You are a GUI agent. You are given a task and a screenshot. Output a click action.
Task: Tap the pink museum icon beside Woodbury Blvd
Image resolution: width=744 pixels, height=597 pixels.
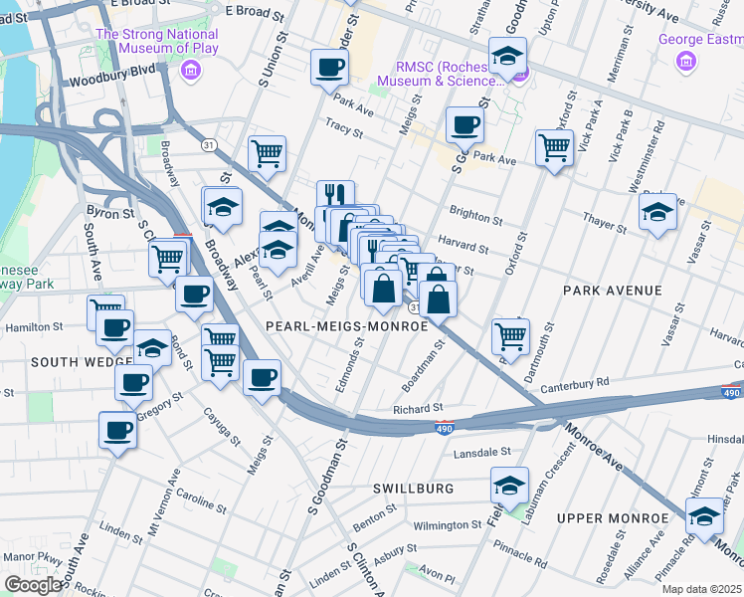(x=191, y=71)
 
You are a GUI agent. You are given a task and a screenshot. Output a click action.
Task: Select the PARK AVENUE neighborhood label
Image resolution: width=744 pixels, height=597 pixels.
(x=612, y=291)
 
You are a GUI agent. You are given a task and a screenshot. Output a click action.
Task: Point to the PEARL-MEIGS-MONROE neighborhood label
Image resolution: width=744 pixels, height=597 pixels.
(x=347, y=325)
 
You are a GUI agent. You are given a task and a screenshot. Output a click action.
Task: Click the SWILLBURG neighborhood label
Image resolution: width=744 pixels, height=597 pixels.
(x=413, y=489)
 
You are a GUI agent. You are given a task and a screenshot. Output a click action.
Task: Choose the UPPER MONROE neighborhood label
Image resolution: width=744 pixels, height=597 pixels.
(x=612, y=518)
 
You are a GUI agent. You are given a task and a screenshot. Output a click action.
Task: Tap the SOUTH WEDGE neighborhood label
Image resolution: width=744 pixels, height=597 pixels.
(x=68, y=362)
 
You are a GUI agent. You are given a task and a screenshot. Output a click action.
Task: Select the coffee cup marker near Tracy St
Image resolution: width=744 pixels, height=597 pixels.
(x=464, y=125)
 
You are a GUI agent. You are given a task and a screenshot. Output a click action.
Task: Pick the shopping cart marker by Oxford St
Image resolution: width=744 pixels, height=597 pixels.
(x=554, y=148)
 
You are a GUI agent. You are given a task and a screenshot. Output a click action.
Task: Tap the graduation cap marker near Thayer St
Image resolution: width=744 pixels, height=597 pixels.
(x=657, y=213)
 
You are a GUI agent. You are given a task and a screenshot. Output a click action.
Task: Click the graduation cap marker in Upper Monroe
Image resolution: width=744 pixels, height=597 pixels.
(x=704, y=517)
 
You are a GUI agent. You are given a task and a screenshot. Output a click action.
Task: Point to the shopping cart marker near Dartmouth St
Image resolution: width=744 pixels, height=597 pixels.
(x=510, y=336)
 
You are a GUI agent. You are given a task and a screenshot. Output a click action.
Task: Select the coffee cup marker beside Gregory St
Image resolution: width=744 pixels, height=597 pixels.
(x=133, y=383)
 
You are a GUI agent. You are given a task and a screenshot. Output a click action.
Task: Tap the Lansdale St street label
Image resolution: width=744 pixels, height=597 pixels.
(x=481, y=452)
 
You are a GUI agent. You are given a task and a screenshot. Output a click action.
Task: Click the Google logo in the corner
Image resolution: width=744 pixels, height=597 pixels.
(x=34, y=584)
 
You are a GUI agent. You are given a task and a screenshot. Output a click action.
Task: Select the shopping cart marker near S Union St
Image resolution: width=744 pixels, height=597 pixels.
(x=267, y=153)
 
